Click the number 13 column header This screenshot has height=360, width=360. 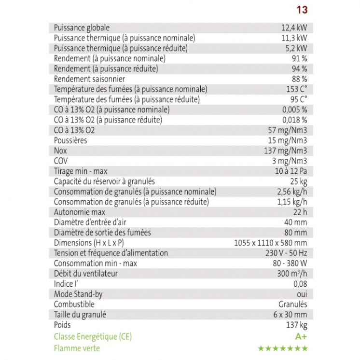(x=302, y=9)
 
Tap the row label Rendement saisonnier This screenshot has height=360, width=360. (x=89, y=79)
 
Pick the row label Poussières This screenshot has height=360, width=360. (x=70, y=140)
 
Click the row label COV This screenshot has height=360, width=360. (x=61, y=161)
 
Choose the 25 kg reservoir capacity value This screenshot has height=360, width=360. (x=298, y=181)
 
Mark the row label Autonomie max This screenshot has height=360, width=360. (x=79, y=212)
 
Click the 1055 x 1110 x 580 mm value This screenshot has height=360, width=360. (x=270, y=243)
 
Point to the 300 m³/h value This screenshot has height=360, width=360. (x=291, y=273)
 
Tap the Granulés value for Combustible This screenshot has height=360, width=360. (x=292, y=304)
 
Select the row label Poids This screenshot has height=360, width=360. (x=62, y=325)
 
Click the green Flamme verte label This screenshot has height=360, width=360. (x=78, y=347)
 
